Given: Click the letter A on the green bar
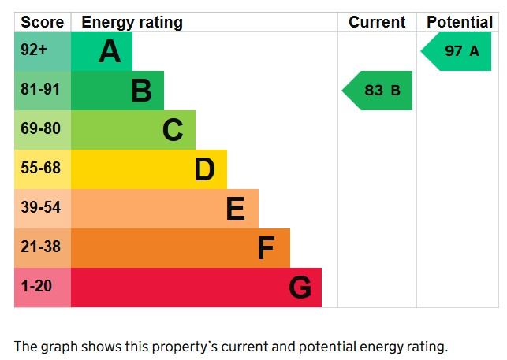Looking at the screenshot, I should coord(110,52).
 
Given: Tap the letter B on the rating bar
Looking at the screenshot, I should coord(141,91).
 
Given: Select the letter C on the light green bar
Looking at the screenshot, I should coord(173,130).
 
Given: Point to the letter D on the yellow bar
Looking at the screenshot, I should coord(204,169).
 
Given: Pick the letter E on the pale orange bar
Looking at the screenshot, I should coord(235,209).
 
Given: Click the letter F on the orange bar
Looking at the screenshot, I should coord(266,248).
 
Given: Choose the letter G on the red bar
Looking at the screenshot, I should coord(300,288).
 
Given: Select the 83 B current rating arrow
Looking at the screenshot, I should coord(378,91).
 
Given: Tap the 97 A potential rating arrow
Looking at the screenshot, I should coord(457,51).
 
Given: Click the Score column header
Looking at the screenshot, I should coord(42,22).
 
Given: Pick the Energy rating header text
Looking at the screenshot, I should coord(132,22).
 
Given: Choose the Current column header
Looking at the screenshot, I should coord(377,22).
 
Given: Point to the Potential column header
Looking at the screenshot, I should coord(459,22).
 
